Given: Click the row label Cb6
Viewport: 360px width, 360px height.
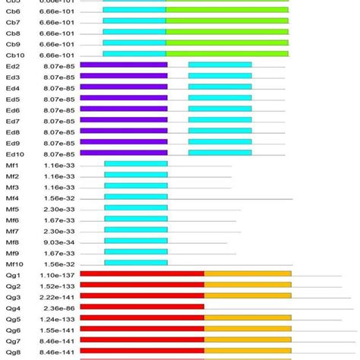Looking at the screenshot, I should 13,11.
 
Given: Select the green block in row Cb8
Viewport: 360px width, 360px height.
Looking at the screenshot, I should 227,33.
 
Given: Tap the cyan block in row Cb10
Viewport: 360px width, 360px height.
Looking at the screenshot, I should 134,55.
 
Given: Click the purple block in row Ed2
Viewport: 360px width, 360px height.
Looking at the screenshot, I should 123,65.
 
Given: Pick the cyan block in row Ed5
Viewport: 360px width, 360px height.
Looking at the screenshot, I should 219,99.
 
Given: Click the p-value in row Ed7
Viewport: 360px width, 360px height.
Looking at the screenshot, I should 59,121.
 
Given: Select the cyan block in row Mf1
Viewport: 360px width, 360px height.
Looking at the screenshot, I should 136,165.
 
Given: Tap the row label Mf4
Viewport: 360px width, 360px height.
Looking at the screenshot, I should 12,197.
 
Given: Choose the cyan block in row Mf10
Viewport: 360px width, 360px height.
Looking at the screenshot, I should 136,264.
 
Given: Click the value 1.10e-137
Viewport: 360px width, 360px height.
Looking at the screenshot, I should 58,274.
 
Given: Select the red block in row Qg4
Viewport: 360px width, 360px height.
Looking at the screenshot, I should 142,308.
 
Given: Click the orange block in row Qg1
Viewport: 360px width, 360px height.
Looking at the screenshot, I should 248,274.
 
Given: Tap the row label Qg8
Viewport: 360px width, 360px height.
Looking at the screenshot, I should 13,352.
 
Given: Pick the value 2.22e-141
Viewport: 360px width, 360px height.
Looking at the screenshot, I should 58,296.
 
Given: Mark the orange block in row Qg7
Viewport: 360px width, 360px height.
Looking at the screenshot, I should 248,340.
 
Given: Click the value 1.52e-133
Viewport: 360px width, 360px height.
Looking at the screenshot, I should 58,286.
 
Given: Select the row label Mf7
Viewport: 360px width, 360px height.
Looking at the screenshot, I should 12,231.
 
